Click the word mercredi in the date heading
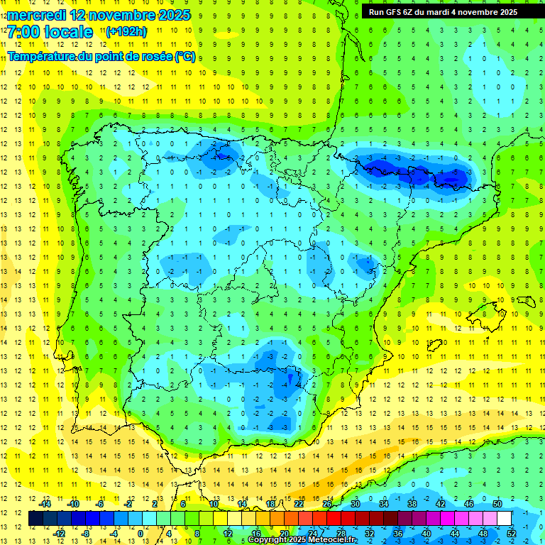tap(39, 15)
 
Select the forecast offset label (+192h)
tap(126, 31)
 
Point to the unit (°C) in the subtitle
tap(185, 57)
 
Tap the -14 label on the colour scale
tap(45, 503)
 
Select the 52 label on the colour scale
tap(511, 533)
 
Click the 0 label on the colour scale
tap(140, 533)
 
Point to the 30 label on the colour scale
tap(356, 503)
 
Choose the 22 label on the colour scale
tap(299, 503)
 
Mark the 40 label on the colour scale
tap(426, 533)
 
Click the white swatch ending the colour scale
tap(504, 518)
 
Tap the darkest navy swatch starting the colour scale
tap(35, 518)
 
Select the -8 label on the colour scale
tap(86, 533)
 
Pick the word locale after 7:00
tap(67, 32)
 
